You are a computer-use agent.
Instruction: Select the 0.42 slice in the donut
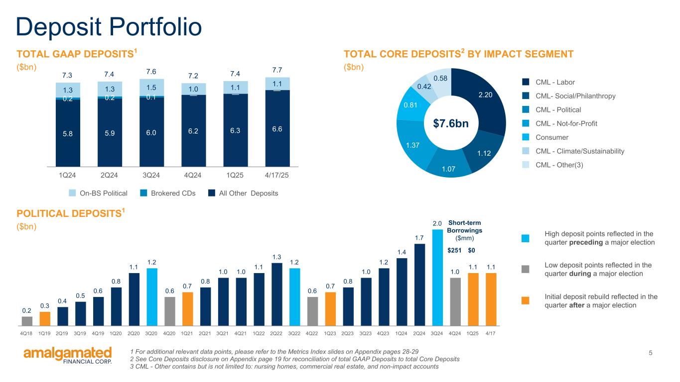425,87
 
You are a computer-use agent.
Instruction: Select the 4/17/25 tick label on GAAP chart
277,176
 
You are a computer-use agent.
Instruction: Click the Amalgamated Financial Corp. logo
68,356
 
